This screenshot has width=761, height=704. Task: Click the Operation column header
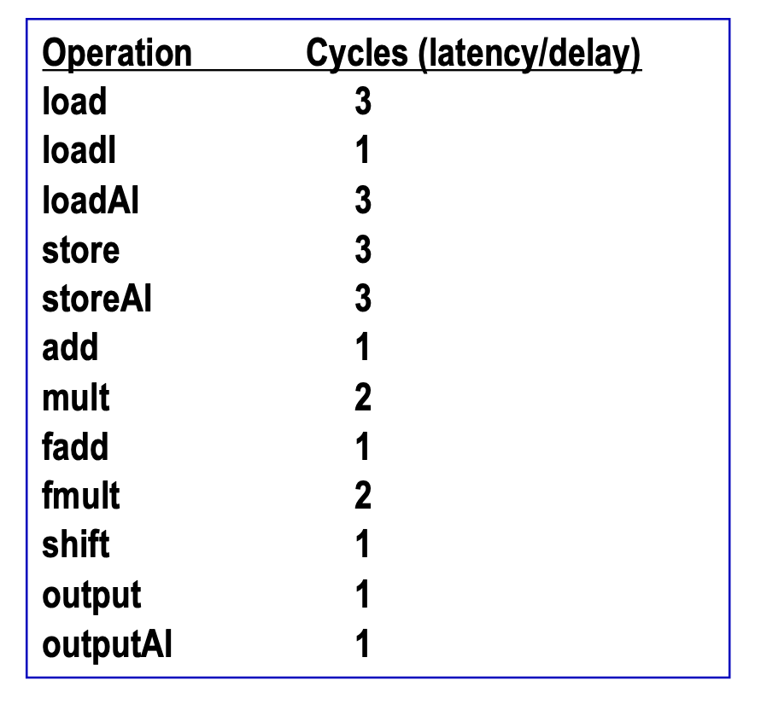click(117, 54)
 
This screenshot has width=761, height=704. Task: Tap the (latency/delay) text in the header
click(529, 55)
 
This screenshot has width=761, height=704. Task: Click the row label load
click(74, 101)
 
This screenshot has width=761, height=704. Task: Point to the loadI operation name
click(79, 150)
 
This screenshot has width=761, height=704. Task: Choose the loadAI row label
click(91, 200)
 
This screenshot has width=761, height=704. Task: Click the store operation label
click(80, 250)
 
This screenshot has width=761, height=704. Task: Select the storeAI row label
click(97, 299)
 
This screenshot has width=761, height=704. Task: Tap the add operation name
click(70, 347)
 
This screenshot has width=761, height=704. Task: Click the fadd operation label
click(75, 446)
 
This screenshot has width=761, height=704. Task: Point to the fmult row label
click(80, 495)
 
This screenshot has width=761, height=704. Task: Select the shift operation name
click(76, 544)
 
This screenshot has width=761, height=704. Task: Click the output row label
click(91, 596)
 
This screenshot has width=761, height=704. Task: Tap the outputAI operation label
click(107, 645)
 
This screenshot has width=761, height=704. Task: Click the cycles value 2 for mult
click(362, 397)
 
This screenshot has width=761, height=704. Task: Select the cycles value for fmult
click(362, 495)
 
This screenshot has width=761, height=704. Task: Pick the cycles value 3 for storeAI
click(362, 298)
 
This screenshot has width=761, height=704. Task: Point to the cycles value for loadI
click(362, 150)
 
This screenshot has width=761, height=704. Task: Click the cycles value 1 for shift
click(362, 544)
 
